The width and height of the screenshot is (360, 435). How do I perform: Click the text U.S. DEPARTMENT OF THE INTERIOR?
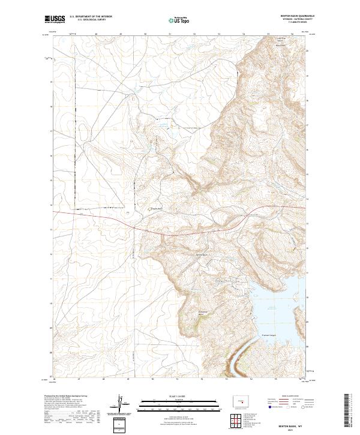pos(91,17)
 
